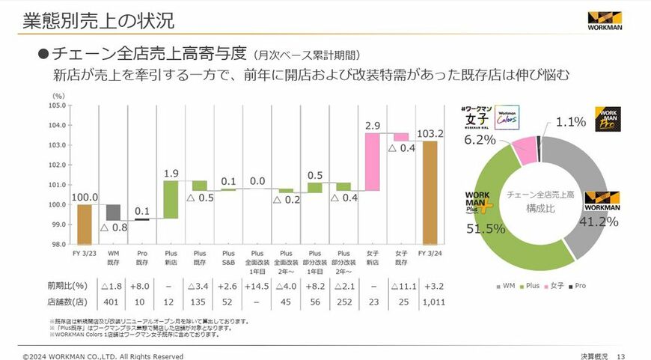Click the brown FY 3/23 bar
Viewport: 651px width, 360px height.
[85, 225]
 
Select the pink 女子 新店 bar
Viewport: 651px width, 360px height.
[373, 162]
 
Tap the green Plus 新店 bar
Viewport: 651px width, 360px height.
[171, 199]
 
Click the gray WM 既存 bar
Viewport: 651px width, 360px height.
[113, 213]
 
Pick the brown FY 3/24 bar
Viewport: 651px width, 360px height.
[430, 192]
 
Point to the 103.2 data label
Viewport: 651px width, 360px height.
[430, 133]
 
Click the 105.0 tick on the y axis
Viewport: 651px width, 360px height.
[60, 106]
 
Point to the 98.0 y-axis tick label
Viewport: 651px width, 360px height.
[60, 244]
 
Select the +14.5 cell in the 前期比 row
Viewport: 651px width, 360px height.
[257, 286]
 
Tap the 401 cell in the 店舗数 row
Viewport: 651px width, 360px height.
[113, 302]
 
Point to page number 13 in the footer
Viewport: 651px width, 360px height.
[620, 356]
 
